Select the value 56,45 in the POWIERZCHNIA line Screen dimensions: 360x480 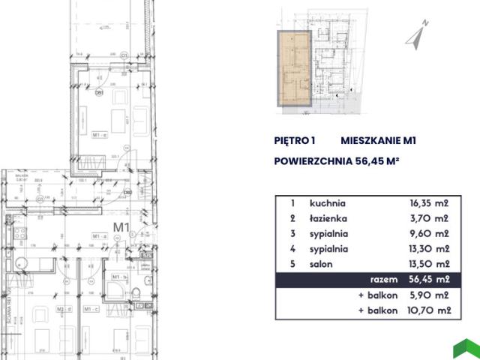point(367,160)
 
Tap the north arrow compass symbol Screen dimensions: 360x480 point(416,34)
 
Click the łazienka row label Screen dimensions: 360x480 point(327,219)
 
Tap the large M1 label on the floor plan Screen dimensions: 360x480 point(122,225)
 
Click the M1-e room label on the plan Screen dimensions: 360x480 point(100,134)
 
